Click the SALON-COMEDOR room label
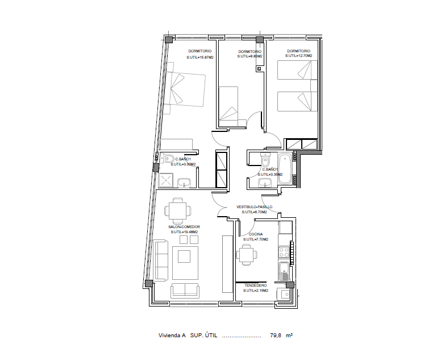[x=184, y=226]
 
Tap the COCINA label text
[x=256, y=234]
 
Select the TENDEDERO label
[x=255, y=285]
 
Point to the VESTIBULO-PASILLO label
[x=254, y=206]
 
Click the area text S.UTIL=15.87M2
[x=200, y=57]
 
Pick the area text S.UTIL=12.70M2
[x=298, y=56]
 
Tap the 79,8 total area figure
[x=275, y=336]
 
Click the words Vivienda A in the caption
[x=172, y=336]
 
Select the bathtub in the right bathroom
[x=285, y=169]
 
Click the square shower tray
[x=165, y=180]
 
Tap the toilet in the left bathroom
[x=168, y=158]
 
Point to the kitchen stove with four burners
[x=284, y=252]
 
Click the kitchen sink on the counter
[x=284, y=271]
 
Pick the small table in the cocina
[x=247, y=255]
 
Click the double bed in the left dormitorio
[x=185, y=88]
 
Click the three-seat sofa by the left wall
[x=160, y=261]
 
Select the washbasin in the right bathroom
[x=265, y=183]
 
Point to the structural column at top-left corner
[x=169, y=39]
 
